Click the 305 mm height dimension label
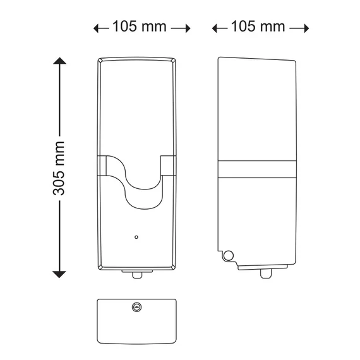[59, 168]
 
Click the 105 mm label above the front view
[140, 26]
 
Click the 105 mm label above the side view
[258, 26]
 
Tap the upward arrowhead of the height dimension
[60, 61]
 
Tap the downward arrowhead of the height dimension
[59, 274]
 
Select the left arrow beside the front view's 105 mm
[101, 28]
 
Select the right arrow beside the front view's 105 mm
[181, 28]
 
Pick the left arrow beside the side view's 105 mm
[220, 28]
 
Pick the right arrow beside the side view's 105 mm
[299, 28]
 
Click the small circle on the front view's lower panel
[136, 237]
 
